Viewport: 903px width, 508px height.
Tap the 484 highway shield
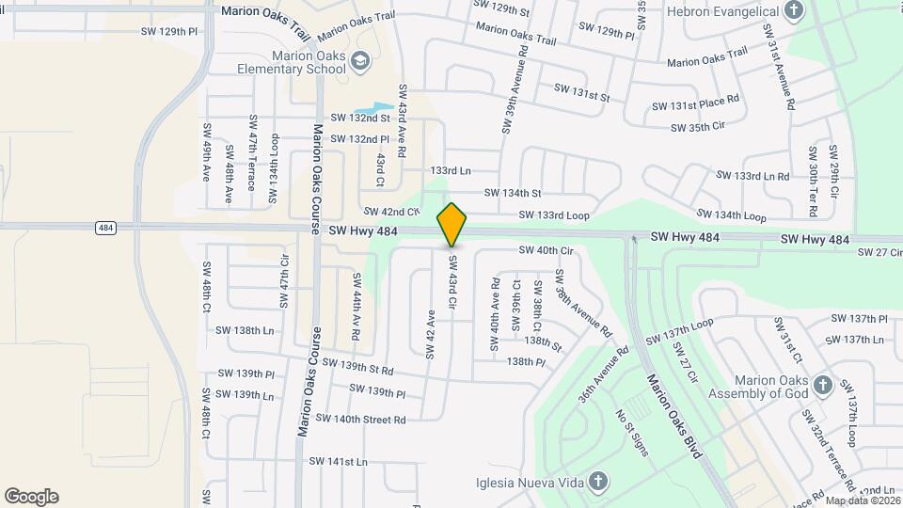105,227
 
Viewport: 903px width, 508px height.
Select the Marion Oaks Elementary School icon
358,62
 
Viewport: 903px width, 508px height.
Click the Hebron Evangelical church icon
795,11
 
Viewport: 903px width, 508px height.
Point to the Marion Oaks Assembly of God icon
822,386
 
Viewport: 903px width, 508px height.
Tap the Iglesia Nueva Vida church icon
598,483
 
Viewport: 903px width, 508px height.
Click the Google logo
31,497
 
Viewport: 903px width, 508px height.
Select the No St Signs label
633,432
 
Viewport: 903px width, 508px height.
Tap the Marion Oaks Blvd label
673,415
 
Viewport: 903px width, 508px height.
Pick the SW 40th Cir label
546,250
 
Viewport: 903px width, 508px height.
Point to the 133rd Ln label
450,170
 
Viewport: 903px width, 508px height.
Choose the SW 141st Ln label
339,461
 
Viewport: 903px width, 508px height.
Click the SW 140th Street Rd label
360,419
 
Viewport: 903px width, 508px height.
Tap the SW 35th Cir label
695,125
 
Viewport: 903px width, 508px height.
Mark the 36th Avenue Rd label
604,377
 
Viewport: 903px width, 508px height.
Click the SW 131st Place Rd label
705,105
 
